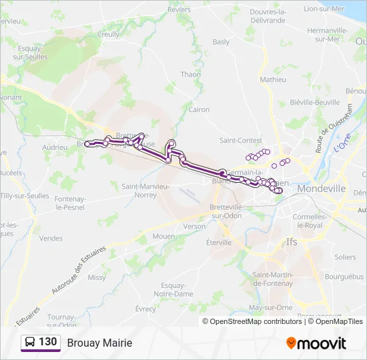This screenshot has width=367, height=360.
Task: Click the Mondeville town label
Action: point(322,189)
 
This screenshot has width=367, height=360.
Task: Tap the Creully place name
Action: point(109,34)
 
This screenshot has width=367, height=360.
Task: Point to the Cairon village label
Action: point(199,109)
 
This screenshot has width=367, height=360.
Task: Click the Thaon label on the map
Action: point(190,75)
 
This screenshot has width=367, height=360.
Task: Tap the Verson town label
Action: point(194,227)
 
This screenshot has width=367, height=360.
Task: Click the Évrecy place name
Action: point(145,309)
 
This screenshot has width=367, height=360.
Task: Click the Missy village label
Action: point(97,277)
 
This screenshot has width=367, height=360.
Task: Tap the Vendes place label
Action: point(51,238)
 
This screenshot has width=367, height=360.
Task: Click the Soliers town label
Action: point(345,257)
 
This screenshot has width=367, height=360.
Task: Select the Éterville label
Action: point(219,243)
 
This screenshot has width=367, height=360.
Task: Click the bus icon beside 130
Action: point(30,343)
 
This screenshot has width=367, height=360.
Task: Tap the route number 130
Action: point(48,342)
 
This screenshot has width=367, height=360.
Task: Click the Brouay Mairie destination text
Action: point(99,343)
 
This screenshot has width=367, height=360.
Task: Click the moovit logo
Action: point(316,343)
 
